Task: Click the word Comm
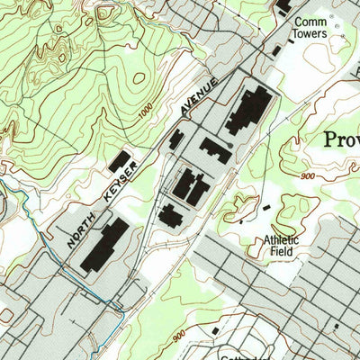[x=309, y=21]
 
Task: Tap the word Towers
[x=309, y=34]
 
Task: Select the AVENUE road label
[x=199, y=96]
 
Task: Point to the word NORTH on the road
[x=80, y=232]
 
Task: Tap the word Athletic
[x=282, y=240]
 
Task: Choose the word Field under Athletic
[x=281, y=253]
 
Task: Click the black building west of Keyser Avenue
[x=120, y=161]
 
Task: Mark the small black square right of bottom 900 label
[x=216, y=331]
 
